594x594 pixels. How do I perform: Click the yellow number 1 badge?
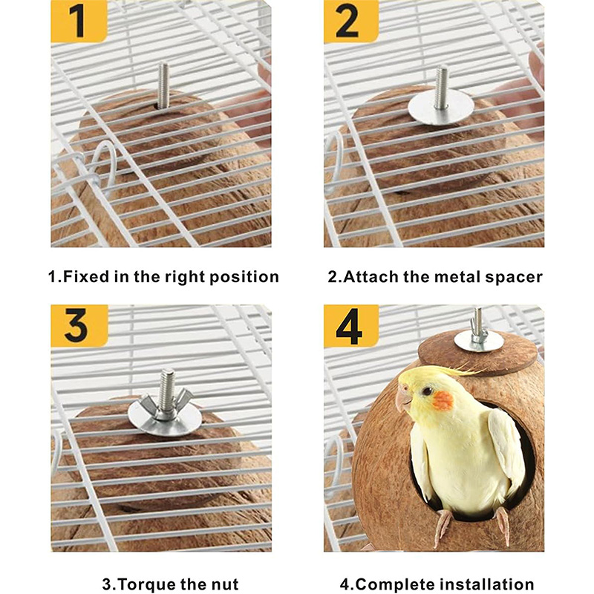79,22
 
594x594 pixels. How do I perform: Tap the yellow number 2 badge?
350,22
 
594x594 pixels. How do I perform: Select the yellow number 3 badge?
79,326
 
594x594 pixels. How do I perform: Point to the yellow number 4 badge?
351,326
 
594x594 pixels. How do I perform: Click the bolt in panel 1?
163,85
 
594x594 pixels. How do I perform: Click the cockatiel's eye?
428,391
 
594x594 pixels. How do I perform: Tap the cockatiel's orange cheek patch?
442,401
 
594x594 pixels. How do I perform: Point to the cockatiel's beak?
403,400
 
